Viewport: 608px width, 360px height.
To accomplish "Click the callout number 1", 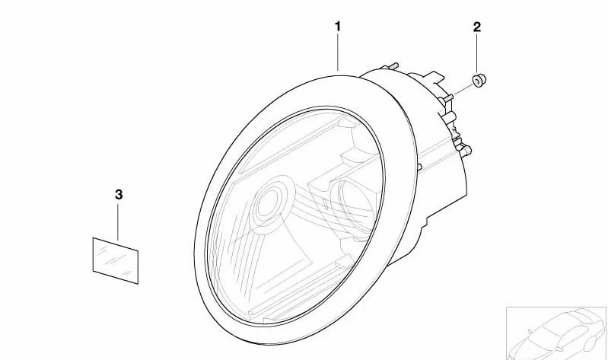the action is tap(338, 27).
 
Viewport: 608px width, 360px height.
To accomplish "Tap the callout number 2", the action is tap(477, 27).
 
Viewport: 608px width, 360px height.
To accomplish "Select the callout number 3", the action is tap(119, 194).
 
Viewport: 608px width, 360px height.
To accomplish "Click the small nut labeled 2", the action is tap(479, 81).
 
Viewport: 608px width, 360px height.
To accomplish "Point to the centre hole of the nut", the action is tap(477, 81).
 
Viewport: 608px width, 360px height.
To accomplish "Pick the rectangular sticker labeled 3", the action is tap(116, 261).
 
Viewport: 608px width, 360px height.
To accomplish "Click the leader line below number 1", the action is tap(338, 53).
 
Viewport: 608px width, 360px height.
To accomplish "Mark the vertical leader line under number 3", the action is tap(118, 222).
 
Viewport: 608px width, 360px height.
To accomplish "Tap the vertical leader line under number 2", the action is tap(476, 53).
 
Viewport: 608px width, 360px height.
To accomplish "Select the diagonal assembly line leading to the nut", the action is tap(463, 90).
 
